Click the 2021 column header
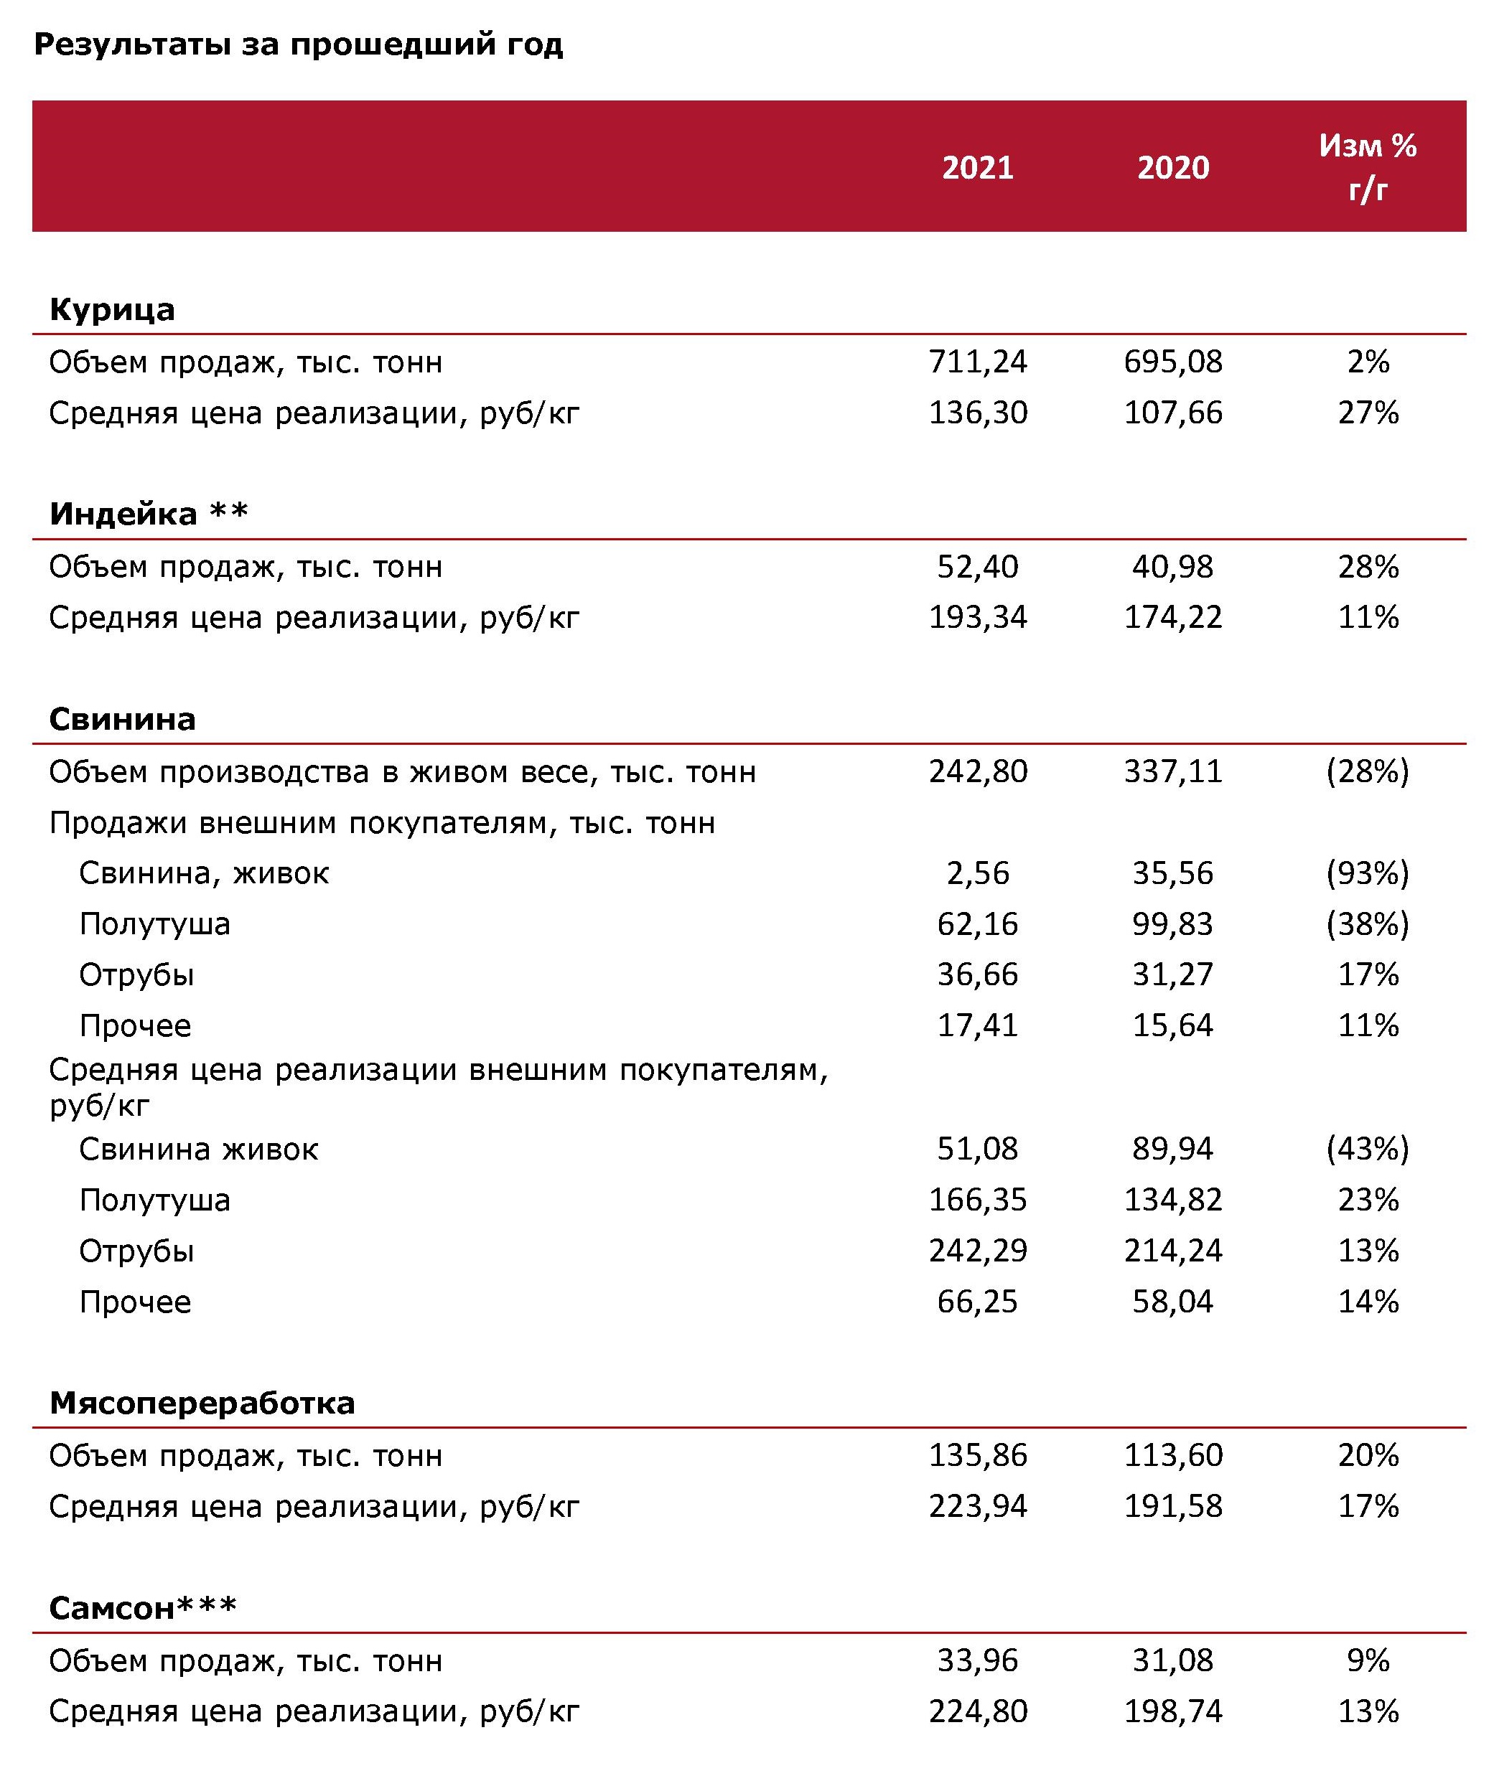click(x=978, y=167)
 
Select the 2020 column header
click(x=1173, y=167)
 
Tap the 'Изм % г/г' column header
click(x=1368, y=167)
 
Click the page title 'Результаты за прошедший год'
click(x=299, y=44)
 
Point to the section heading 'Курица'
click(x=112, y=309)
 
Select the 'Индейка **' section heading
click(x=149, y=514)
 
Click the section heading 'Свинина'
click(x=123, y=720)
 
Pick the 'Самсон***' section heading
click(x=143, y=1608)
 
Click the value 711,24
click(x=978, y=362)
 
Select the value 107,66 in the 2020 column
click(x=1173, y=413)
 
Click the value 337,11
click(x=1173, y=772)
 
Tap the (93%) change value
click(x=1368, y=873)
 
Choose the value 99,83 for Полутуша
click(x=1173, y=924)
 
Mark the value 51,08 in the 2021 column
click(x=978, y=1149)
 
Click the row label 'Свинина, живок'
click(x=204, y=873)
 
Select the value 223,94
click(x=978, y=1506)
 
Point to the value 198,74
click(x=1173, y=1711)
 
